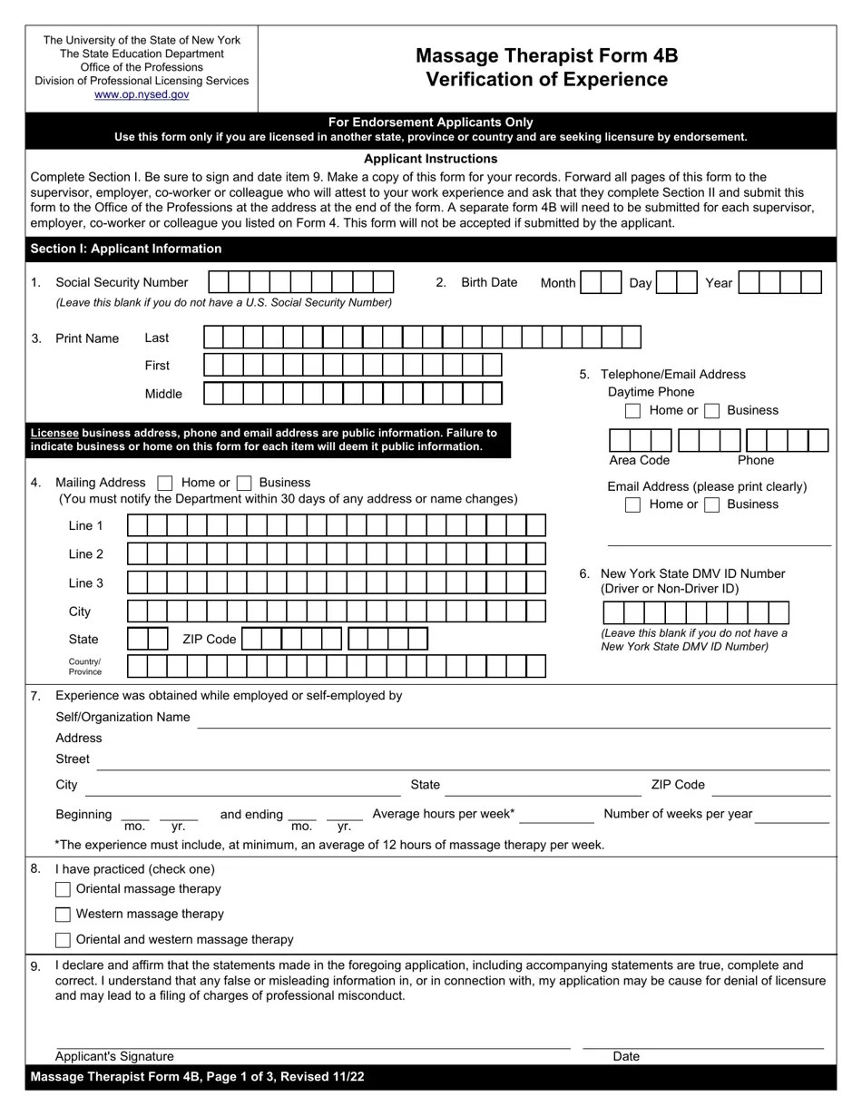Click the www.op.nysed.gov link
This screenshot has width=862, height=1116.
pos(142,94)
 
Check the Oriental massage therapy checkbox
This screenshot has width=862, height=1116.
pos(63,889)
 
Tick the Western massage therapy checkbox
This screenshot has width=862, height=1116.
pos(63,915)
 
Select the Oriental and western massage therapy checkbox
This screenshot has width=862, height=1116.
pos(63,940)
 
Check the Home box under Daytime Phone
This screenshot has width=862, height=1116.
pos(633,411)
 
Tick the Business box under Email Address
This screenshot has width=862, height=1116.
pos(712,504)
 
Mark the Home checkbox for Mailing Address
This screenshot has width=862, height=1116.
pos(165,484)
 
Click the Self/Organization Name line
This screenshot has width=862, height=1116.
pos(513,720)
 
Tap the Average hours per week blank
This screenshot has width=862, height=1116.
pos(556,816)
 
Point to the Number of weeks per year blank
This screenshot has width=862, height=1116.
pos(791,816)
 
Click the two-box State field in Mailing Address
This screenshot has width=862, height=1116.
pos(148,640)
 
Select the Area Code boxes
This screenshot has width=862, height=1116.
pos(640,441)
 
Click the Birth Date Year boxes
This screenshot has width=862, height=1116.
pos(779,283)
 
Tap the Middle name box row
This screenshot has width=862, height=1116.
pos(352,394)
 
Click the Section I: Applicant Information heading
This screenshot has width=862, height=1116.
pos(126,249)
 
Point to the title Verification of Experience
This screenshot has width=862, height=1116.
pos(546,80)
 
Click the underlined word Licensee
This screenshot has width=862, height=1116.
pos(54,433)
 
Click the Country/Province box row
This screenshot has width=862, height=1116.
pos(336,667)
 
